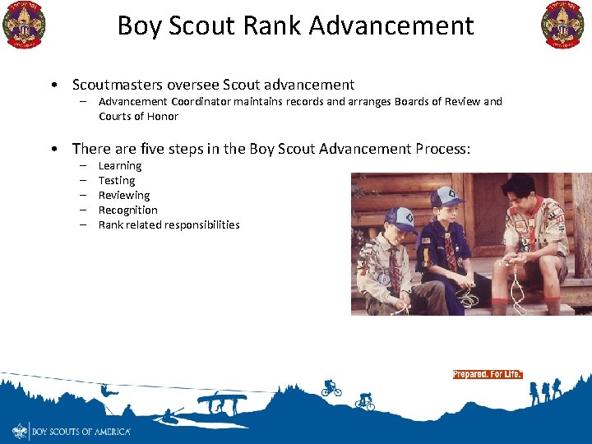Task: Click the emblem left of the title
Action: pos(24,25)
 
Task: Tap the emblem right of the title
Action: pos(562,25)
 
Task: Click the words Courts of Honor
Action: pos(138,117)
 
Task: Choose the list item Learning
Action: pos(120,166)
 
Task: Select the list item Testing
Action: pos(117,181)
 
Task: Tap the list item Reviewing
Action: pos(124,196)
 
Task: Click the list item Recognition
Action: pos(127,210)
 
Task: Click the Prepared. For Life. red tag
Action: pos(487,374)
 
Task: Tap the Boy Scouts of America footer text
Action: pos(81,431)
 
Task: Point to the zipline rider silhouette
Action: pos(105,405)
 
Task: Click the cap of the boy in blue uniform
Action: pos(446,197)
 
